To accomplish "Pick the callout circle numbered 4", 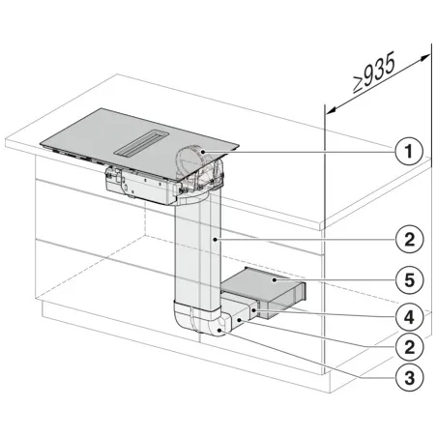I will [x=410, y=313].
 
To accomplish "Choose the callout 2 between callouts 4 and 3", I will [x=410, y=346].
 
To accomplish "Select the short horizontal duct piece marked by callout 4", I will [x=242, y=311].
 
